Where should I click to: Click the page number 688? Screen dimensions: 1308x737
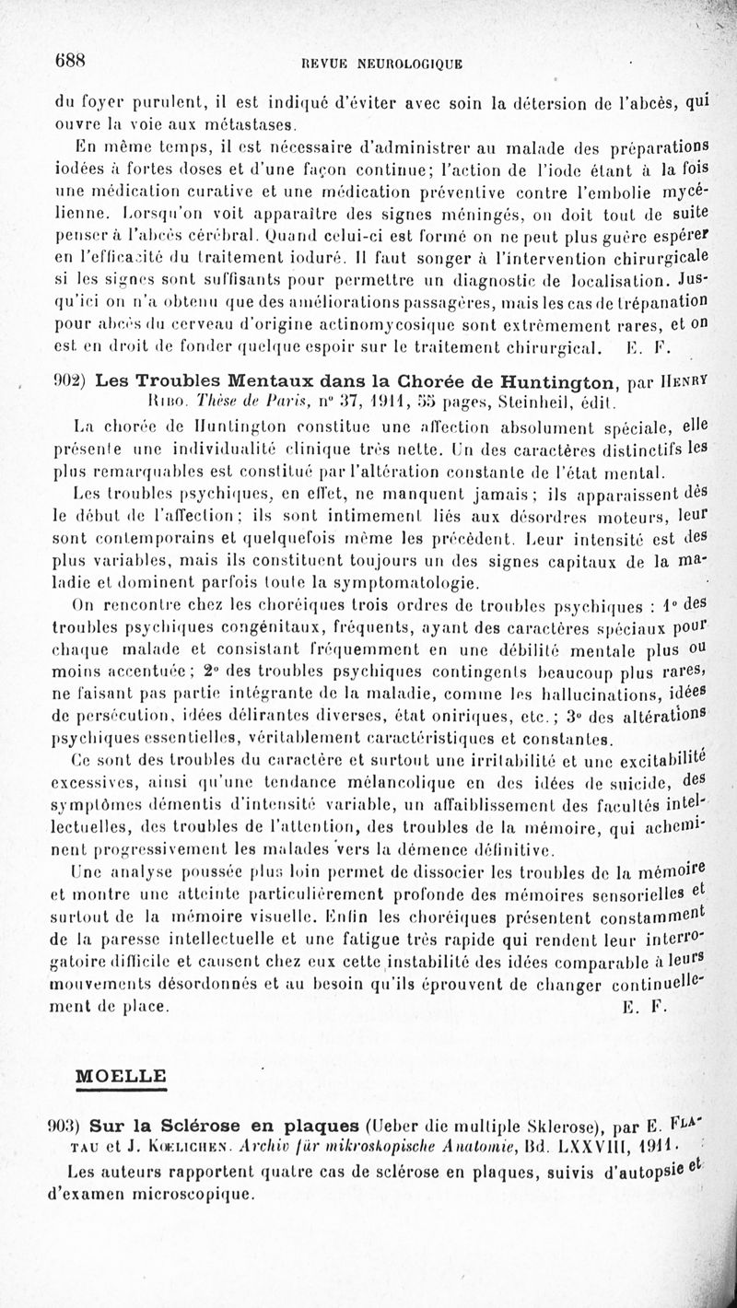(x=69, y=61)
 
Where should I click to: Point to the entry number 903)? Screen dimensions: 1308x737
(x=70, y=1127)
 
